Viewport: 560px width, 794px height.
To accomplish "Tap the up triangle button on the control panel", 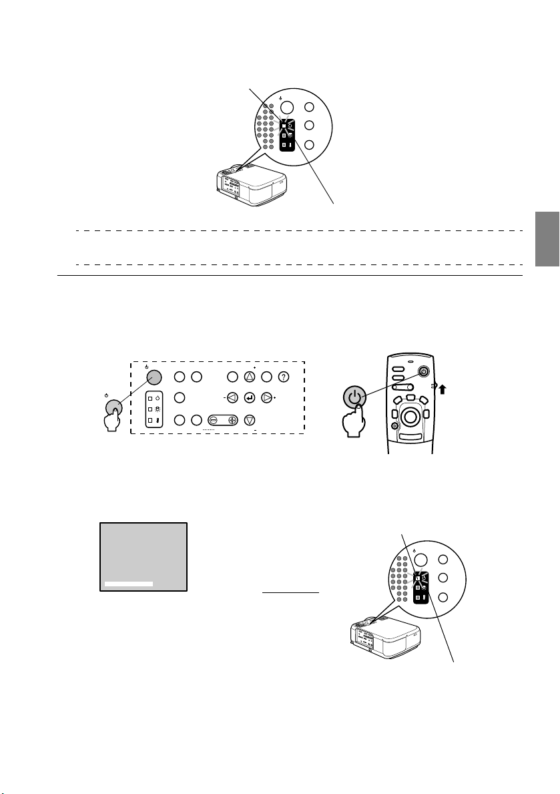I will point(250,377).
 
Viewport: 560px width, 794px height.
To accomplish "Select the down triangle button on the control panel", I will point(250,419).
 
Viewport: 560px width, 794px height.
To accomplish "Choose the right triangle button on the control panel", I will point(266,399).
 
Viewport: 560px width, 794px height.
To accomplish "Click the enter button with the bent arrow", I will point(250,399).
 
